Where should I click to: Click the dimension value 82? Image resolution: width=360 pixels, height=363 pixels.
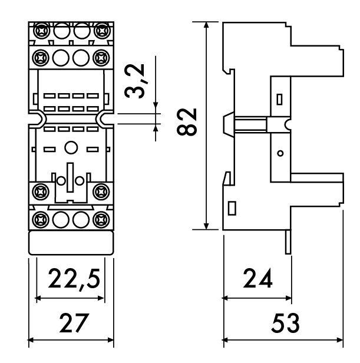(x=187, y=122)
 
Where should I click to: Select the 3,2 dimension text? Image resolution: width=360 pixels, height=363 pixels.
(x=134, y=81)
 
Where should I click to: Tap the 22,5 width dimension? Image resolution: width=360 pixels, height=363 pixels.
(x=74, y=279)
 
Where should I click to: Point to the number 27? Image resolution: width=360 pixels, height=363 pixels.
(x=74, y=323)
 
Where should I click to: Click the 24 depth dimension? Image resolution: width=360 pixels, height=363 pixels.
(x=257, y=278)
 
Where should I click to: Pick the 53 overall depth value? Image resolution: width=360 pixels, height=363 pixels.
(x=285, y=323)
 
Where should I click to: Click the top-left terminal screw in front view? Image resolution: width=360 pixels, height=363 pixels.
(x=41, y=30)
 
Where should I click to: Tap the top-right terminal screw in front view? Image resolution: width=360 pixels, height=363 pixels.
(x=102, y=30)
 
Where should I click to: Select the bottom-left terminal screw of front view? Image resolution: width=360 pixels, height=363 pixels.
(x=41, y=219)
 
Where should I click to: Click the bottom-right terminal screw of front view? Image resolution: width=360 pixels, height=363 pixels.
(x=101, y=219)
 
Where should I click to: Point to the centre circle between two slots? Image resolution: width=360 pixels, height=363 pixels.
(x=71, y=147)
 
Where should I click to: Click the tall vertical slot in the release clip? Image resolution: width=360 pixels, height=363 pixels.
(x=70, y=177)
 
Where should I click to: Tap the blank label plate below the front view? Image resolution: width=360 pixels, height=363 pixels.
(x=71, y=243)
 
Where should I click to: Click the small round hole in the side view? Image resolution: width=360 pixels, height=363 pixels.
(x=280, y=153)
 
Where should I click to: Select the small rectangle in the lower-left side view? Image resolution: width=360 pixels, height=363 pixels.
(x=232, y=208)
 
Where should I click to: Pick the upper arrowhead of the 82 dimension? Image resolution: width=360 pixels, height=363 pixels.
(x=206, y=25)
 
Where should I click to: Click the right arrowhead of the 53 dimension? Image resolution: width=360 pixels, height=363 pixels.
(x=340, y=340)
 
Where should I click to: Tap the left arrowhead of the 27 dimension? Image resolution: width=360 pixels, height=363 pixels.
(x=31, y=340)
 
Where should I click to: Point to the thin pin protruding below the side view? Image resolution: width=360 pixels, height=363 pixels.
(x=288, y=242)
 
